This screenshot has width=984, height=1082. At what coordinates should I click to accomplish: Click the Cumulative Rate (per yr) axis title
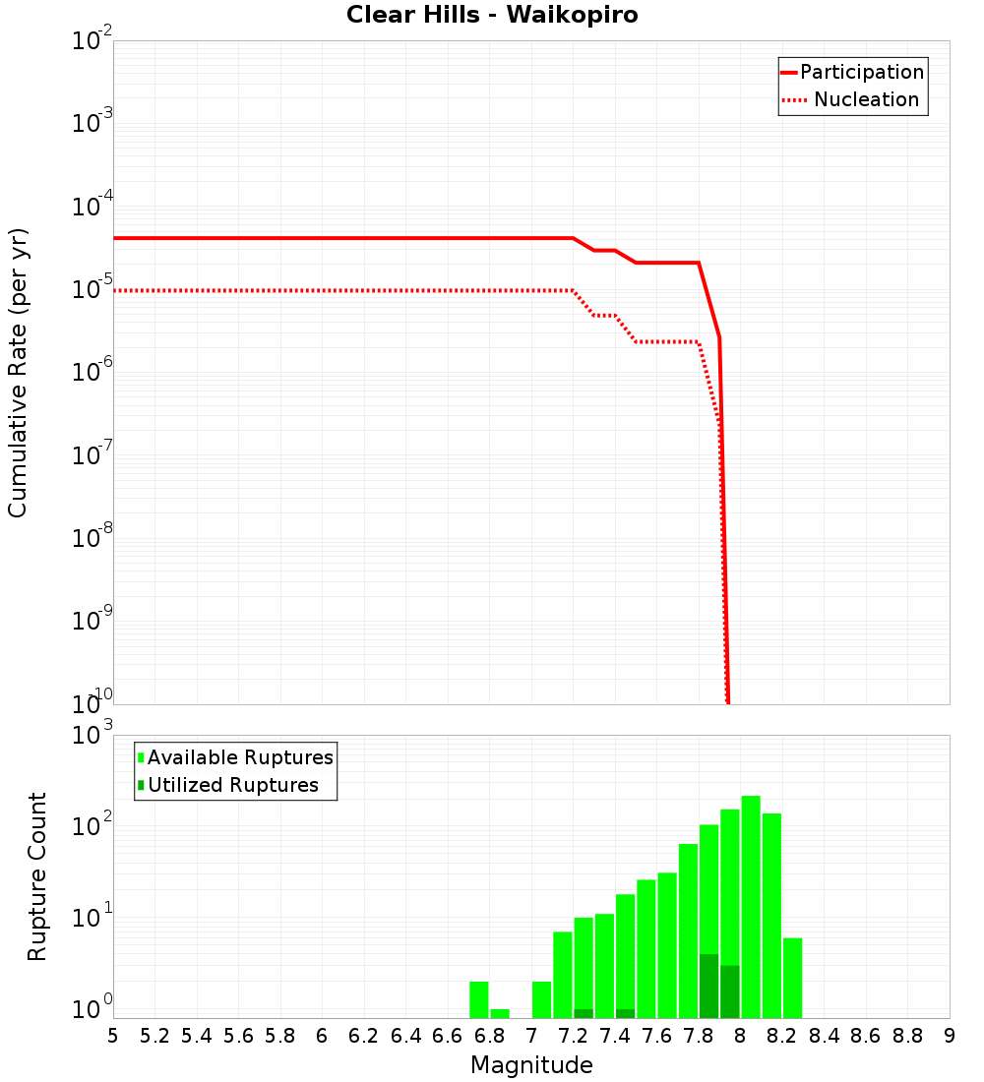(x=18, y=372)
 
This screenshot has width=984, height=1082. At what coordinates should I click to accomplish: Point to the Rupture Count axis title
(x=37, y=876)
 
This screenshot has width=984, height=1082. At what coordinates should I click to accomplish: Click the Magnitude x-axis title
(x=531, y=1065)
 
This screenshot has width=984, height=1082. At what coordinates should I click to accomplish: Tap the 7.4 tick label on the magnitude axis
(x=615, y=1036)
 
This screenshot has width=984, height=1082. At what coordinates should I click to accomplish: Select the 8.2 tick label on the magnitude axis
(x=782, y=1036)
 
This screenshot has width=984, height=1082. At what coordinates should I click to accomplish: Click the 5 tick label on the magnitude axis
(x=113, y=1036)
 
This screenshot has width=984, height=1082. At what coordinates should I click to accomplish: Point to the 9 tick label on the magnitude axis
(x=950, y=1036)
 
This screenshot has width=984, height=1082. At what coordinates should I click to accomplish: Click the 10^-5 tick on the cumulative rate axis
(x=92, y=289)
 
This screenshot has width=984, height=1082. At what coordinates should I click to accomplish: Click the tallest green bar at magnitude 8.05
(x=751, y=905)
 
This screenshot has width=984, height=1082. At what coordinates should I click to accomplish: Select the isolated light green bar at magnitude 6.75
(x=479, y=999)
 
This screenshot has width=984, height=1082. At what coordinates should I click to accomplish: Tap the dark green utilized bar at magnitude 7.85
(x=708, y=986)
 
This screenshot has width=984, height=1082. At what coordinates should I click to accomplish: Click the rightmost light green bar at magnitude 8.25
(x=792, y=978)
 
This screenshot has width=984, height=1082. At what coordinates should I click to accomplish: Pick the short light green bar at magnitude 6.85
(x=500, y=1013)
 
